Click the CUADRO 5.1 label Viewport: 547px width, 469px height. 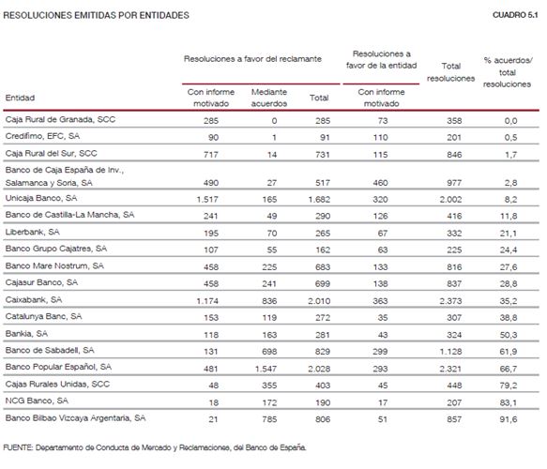(x=515, y=15)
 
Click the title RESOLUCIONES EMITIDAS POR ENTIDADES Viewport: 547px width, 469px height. (x=96, y=15)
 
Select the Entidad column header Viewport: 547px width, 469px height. (x=20, y=98)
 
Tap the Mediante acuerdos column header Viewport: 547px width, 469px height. (x=269, y=98)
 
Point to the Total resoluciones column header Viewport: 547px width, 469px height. (x=450, y=72)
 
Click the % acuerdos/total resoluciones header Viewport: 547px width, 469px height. (x=508, y=72)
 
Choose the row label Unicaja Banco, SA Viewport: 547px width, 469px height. (x=41, y=198)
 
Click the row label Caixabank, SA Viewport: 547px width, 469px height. (x=34, y=299)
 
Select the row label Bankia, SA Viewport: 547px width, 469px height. (x=26, y=334)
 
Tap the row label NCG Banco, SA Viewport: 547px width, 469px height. (x=37, y=401)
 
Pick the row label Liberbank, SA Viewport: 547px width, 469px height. (x=33, y=232)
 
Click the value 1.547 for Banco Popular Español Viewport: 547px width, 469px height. (x=266, y=369)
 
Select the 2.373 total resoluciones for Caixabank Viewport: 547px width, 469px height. (x=450, y=300)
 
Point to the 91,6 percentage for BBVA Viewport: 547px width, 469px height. (x=509, y=419)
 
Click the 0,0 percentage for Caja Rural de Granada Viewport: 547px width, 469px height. (x=510, y=121)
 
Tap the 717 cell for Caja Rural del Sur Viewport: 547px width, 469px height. (x=211, y=155)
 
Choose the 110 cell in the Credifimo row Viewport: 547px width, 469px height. (x=380, y=137)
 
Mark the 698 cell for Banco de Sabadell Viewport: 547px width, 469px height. (x=269, y=352)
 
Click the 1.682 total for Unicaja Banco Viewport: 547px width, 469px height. (x=319, y=200)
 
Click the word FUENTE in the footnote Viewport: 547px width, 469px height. (x=18, y=447)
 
